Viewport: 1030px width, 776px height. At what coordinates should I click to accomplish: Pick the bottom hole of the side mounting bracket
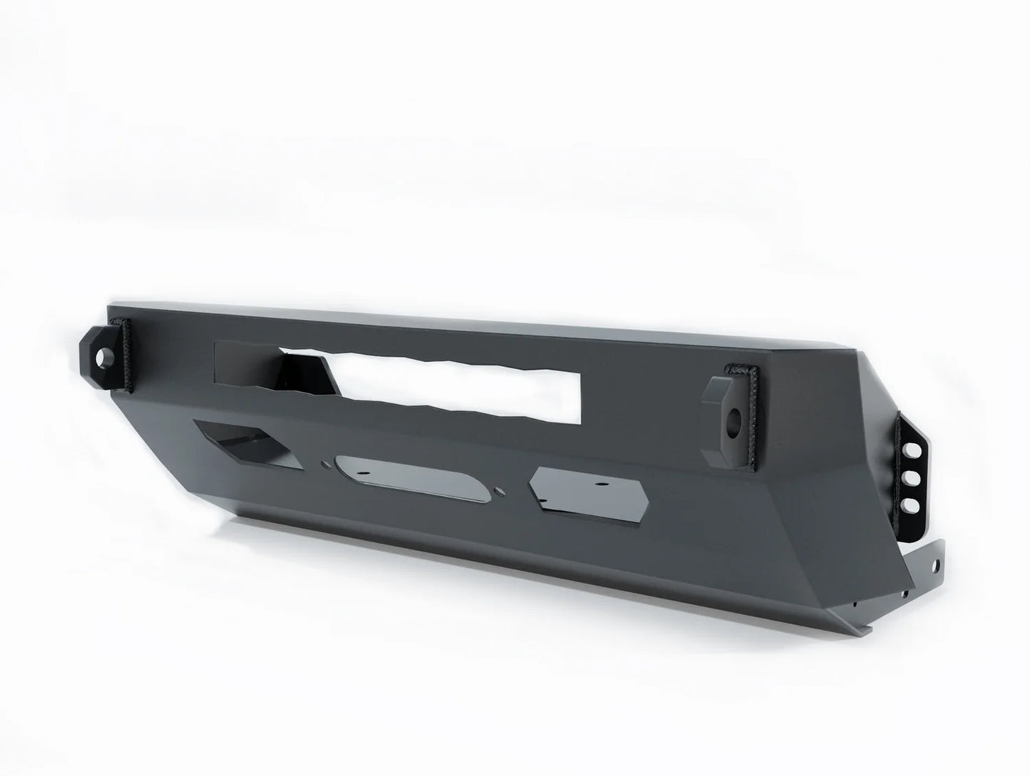click(912, 504)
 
